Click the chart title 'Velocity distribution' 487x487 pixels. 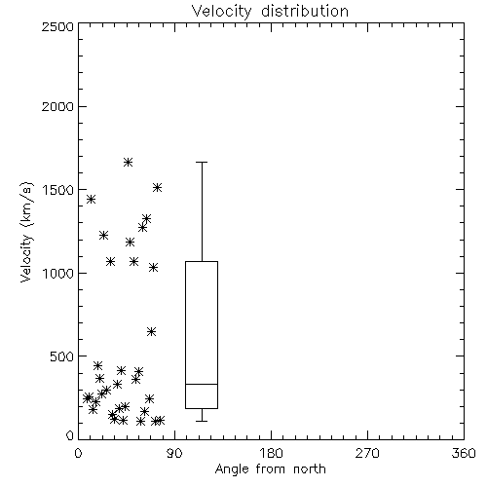[270, 12]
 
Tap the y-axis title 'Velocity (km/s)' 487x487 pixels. [26, 232]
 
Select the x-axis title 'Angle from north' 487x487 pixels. [270, 469]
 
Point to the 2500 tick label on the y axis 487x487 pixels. [57, 26]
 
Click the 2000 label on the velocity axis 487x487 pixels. [57, 106]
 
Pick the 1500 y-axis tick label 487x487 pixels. [58, 190]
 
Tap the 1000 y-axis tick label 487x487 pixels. [58, 273]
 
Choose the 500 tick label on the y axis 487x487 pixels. [62, 356]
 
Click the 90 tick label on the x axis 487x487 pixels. [174, 453]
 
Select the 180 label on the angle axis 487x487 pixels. [271, 453]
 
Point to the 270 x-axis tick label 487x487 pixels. [367, 453]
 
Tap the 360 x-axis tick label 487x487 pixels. [464, 453]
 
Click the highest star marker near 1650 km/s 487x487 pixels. [128, 162]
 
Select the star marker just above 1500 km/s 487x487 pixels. [157, 188]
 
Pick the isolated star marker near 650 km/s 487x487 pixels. [151, 331]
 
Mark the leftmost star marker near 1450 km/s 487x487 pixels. [91, 199]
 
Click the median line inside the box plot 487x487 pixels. [202, 384]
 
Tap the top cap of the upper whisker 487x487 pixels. [202, 162]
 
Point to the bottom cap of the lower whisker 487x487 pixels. [202, 421]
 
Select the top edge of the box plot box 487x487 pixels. [202, 261]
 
